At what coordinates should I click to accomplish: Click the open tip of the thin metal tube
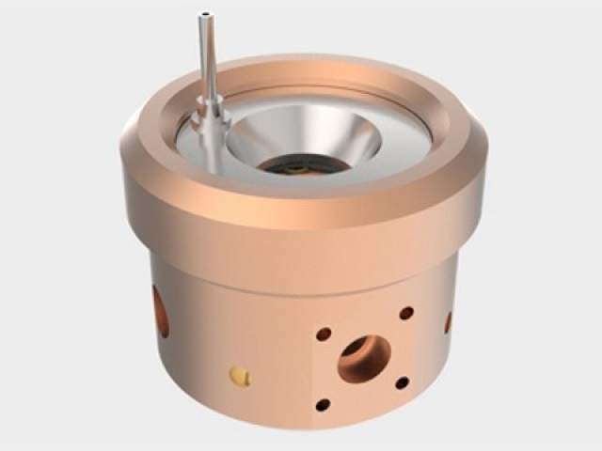pyautogui.click(x=204, y=15)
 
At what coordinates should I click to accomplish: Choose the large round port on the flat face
pyautogui.click(x=364, y=358)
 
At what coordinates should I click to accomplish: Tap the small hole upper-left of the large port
pyautogui.click(x=323, y=334)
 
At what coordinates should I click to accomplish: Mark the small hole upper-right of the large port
pyautogui.click(x=406, y=313)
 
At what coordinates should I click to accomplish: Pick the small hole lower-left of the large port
pyautogui.click(x=323, y=405)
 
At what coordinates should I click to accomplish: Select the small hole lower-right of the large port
pyautogui.click(x=403, y=382)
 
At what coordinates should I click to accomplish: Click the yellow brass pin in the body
pyautogui.click(x=241, y=378)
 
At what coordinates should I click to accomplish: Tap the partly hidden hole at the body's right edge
pyautogui.click(x=448, y=322)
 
